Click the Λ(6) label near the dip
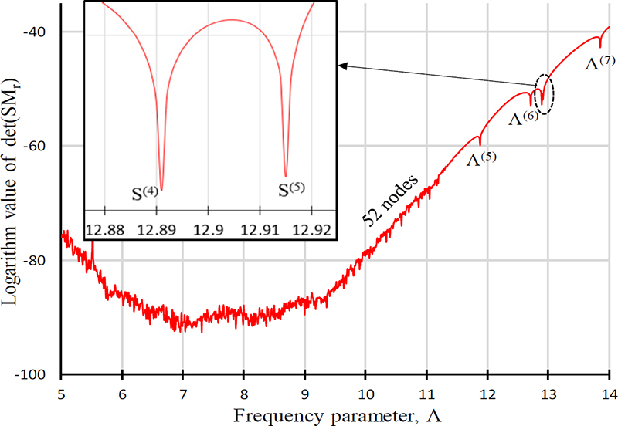(x=523, y=118)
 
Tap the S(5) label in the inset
(x=295, y=189)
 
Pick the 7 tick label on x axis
(x=183, y=393)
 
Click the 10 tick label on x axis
(x=365, y=393)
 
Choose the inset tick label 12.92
(x=313, y=229)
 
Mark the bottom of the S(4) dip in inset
(x=161, y=179)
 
